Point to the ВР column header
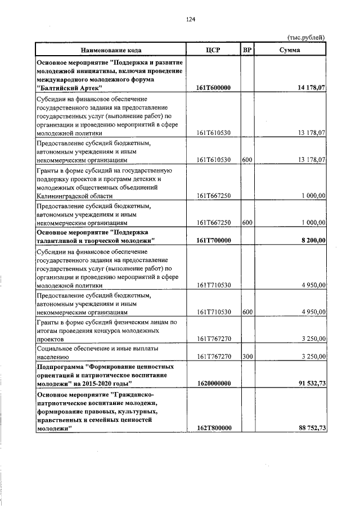[247, 50]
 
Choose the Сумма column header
[290, 50]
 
